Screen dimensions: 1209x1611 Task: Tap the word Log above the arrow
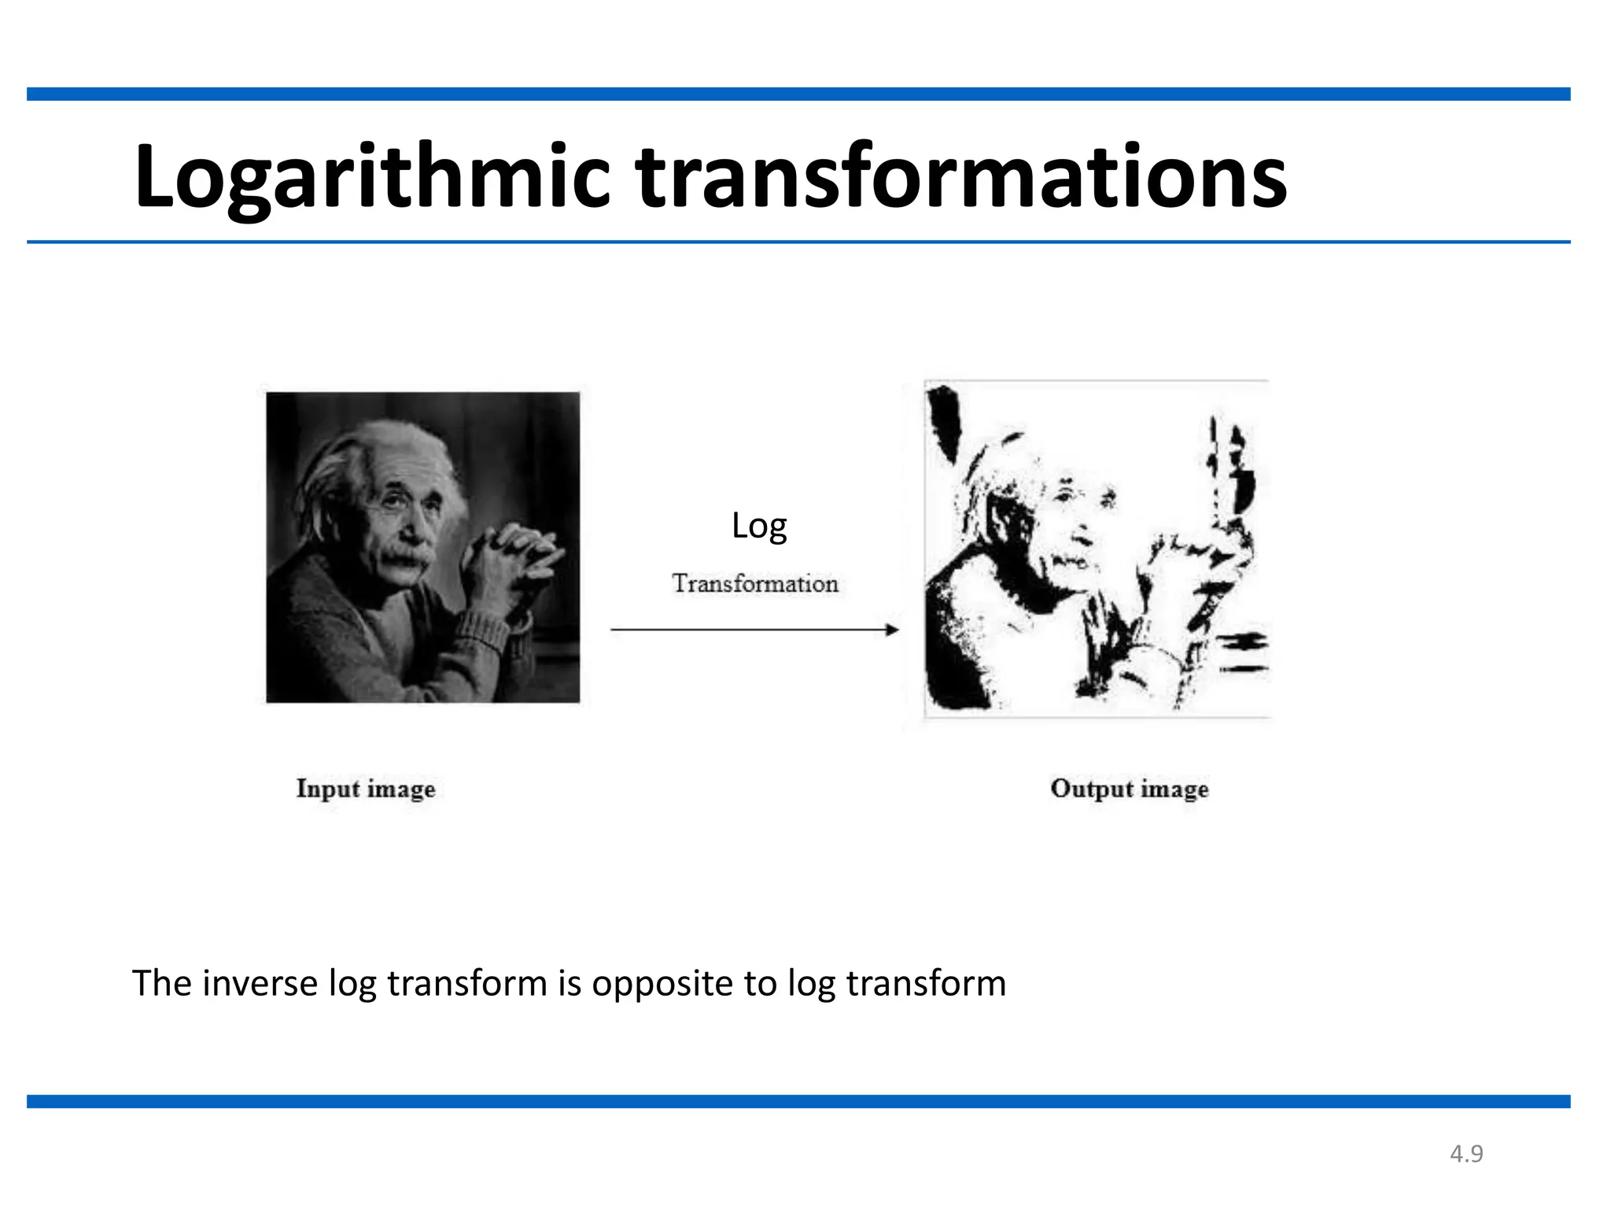point(758,526)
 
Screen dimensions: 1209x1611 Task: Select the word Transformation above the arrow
point(754,584)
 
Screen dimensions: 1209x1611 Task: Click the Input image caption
point(366,789)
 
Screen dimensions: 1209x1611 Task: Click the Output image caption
point(1129,789)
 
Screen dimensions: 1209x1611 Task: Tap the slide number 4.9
point(1466,1154)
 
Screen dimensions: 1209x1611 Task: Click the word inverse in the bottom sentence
point(260,984)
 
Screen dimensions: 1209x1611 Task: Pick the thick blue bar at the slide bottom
point(798,1101)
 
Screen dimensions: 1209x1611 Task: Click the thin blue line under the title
point(798,242)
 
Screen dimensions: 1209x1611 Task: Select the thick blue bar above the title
point(798,94)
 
